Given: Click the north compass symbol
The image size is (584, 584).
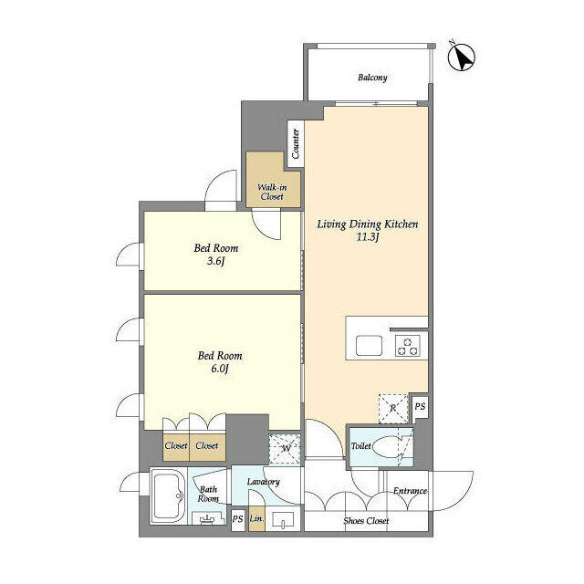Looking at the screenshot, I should pyautogui.click(x=463, y=57).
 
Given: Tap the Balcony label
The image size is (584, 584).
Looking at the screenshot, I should pyautogui.click(x=372, y=78).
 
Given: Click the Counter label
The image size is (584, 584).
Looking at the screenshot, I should pyautogui.click(x=296, y=142).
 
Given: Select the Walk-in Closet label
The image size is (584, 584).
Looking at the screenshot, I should pyautogui.click(x=270, y=192).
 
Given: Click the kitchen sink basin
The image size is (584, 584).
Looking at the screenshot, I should pyautogui.click(x=370, y=345).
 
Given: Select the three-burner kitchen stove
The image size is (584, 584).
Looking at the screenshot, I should pyautogui.click(x=407, y=346).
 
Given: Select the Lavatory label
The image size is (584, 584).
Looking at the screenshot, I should pyautogui.click(x=263, y=482).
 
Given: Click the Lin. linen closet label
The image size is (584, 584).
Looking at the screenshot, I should pyautogui.click(x=256, y=519).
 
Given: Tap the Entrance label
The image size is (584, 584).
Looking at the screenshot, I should pyautogui.click(x=410, y=492).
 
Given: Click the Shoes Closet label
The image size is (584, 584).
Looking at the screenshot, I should pyautogui.click(x=366, y=521).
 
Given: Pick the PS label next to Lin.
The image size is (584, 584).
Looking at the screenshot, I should pyautogui.click(x=237, y=519).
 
